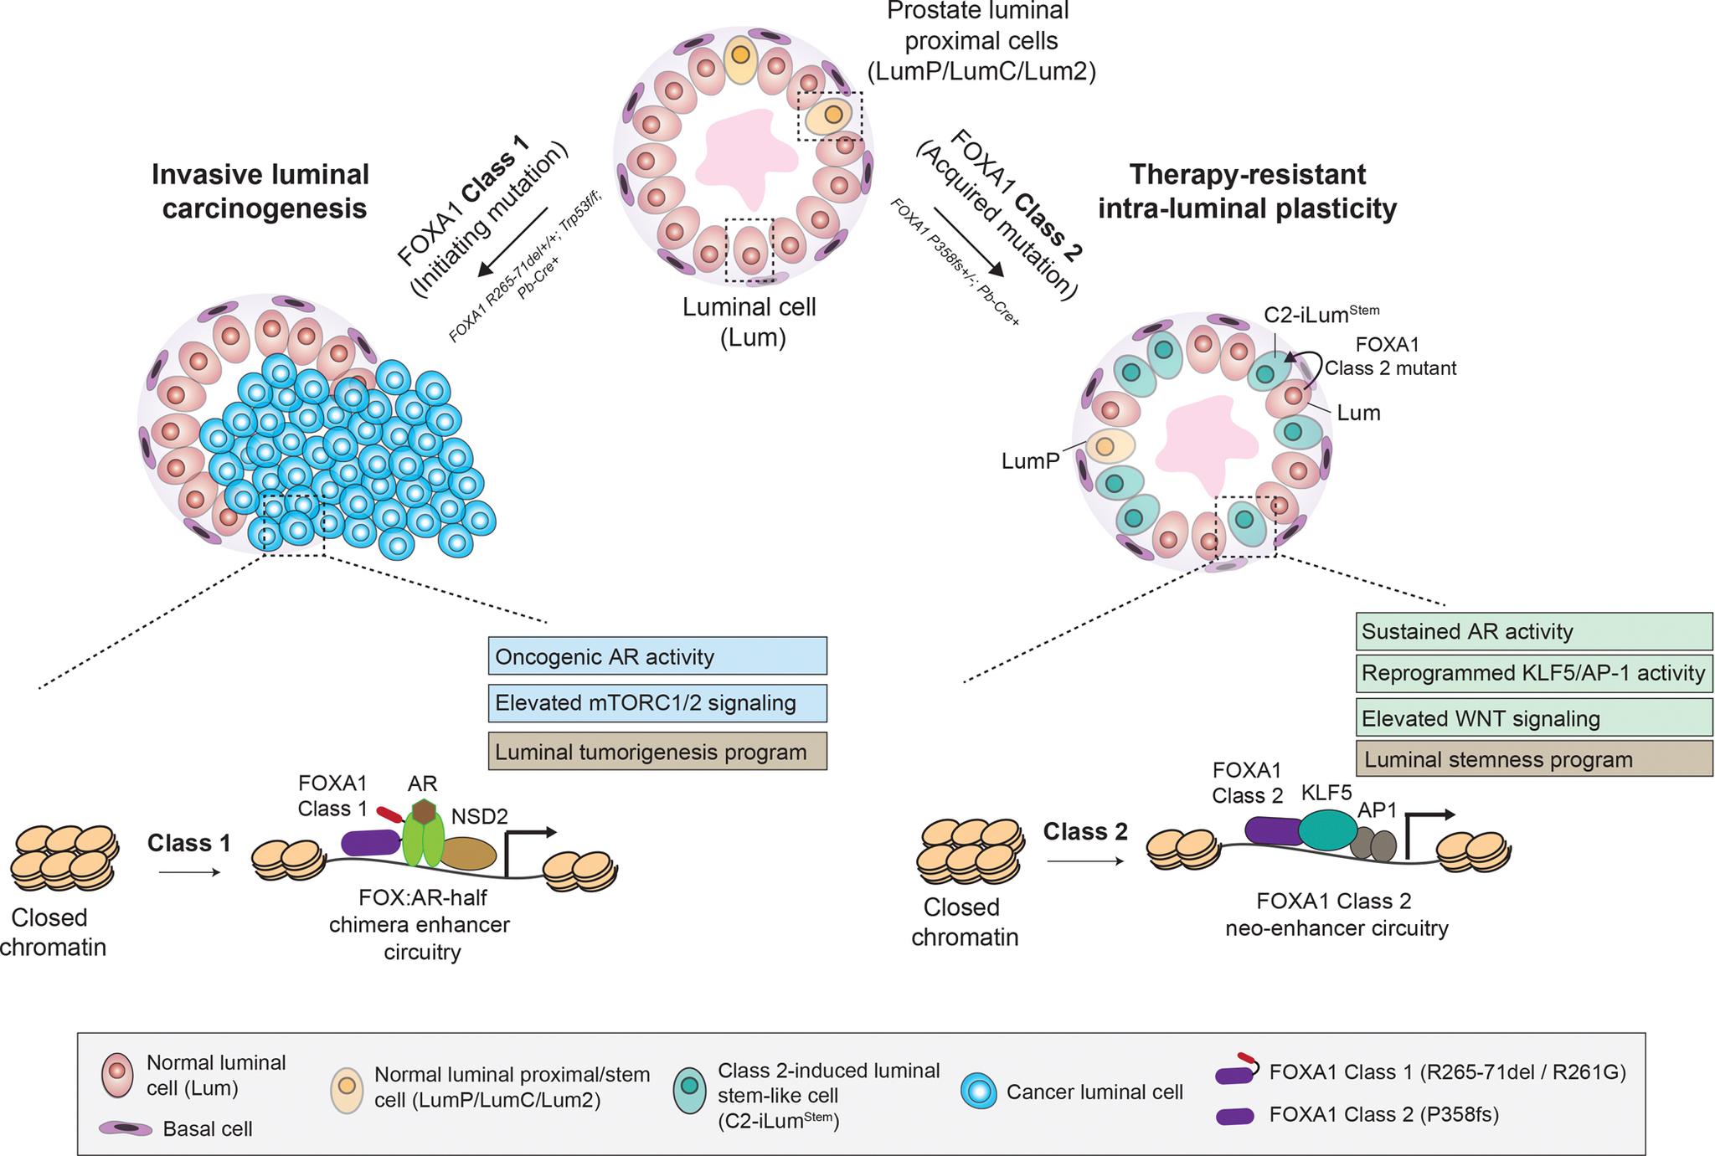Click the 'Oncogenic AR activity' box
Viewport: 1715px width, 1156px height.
point(657,656)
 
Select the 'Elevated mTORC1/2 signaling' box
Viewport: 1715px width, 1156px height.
point(657,703)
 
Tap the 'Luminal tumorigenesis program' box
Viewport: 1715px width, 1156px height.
point(657,751)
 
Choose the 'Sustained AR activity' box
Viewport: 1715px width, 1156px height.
point(1533,631)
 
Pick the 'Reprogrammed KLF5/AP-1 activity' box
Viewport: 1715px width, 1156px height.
point(1533,673)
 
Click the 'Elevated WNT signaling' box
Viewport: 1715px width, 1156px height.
point(1533,718)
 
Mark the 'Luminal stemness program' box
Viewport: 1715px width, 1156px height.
point(1533,759)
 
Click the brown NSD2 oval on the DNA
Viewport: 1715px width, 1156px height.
point(469,853)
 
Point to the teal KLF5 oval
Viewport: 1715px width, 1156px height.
point(1328,830)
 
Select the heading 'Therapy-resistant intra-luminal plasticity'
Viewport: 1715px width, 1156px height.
point(1247,192)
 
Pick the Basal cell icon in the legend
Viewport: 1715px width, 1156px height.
point(126,1128)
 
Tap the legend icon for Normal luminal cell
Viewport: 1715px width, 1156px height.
point(118,1075)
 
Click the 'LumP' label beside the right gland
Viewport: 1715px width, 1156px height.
point(1030,460)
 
